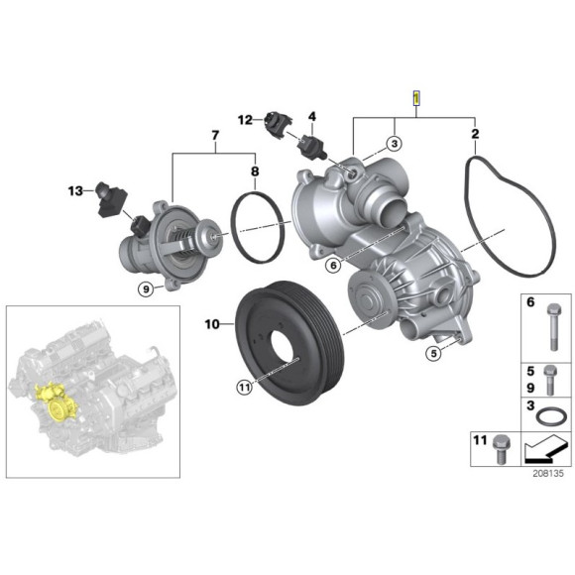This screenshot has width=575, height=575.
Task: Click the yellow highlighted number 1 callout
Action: (416, 98)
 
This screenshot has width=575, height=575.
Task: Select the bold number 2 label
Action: (475, 133)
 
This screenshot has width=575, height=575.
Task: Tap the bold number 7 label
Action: (213, 133)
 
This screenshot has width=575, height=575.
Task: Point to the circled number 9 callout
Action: (146, 289)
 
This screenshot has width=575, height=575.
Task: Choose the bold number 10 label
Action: (212, 323)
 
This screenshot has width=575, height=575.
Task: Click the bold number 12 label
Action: (244, 120)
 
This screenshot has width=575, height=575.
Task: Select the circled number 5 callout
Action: (432, 352)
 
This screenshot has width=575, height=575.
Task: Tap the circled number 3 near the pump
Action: (394, 144)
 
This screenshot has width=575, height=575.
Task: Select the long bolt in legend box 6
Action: (550, 326)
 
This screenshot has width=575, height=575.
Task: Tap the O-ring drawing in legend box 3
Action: (549, 411)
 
